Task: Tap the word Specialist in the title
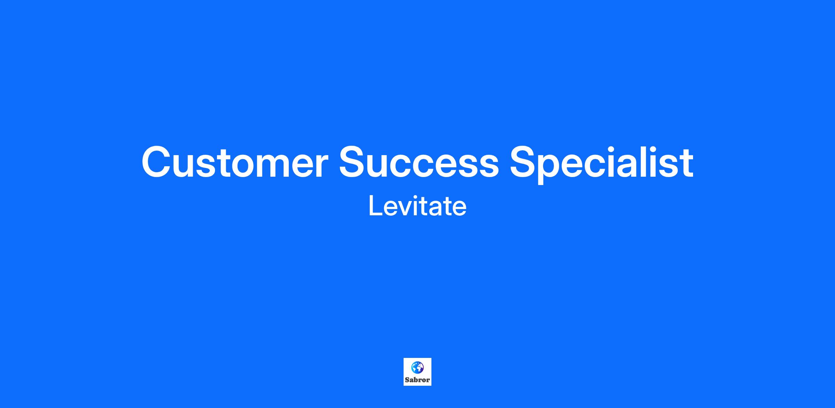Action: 602,163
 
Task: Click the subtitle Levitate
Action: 417,206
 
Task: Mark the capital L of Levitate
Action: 375,206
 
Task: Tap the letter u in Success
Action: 383,166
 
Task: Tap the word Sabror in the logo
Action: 417,380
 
